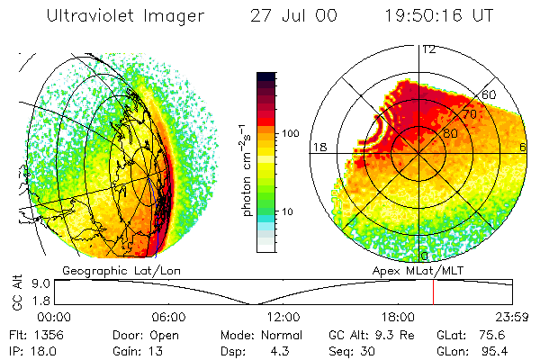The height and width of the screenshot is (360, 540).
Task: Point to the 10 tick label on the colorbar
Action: pyautogui.click(x=289, y=211)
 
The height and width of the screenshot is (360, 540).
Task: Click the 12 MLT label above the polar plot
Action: pyautogui.click(x=428, y=49)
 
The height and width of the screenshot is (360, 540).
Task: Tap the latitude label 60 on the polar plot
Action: pyautogui.click(x=491, y=94)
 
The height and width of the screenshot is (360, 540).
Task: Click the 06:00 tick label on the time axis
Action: pyautogui.click(x=168, y=317)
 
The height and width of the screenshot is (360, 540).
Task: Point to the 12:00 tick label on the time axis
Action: pyautogui.click(x=283, y=317)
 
